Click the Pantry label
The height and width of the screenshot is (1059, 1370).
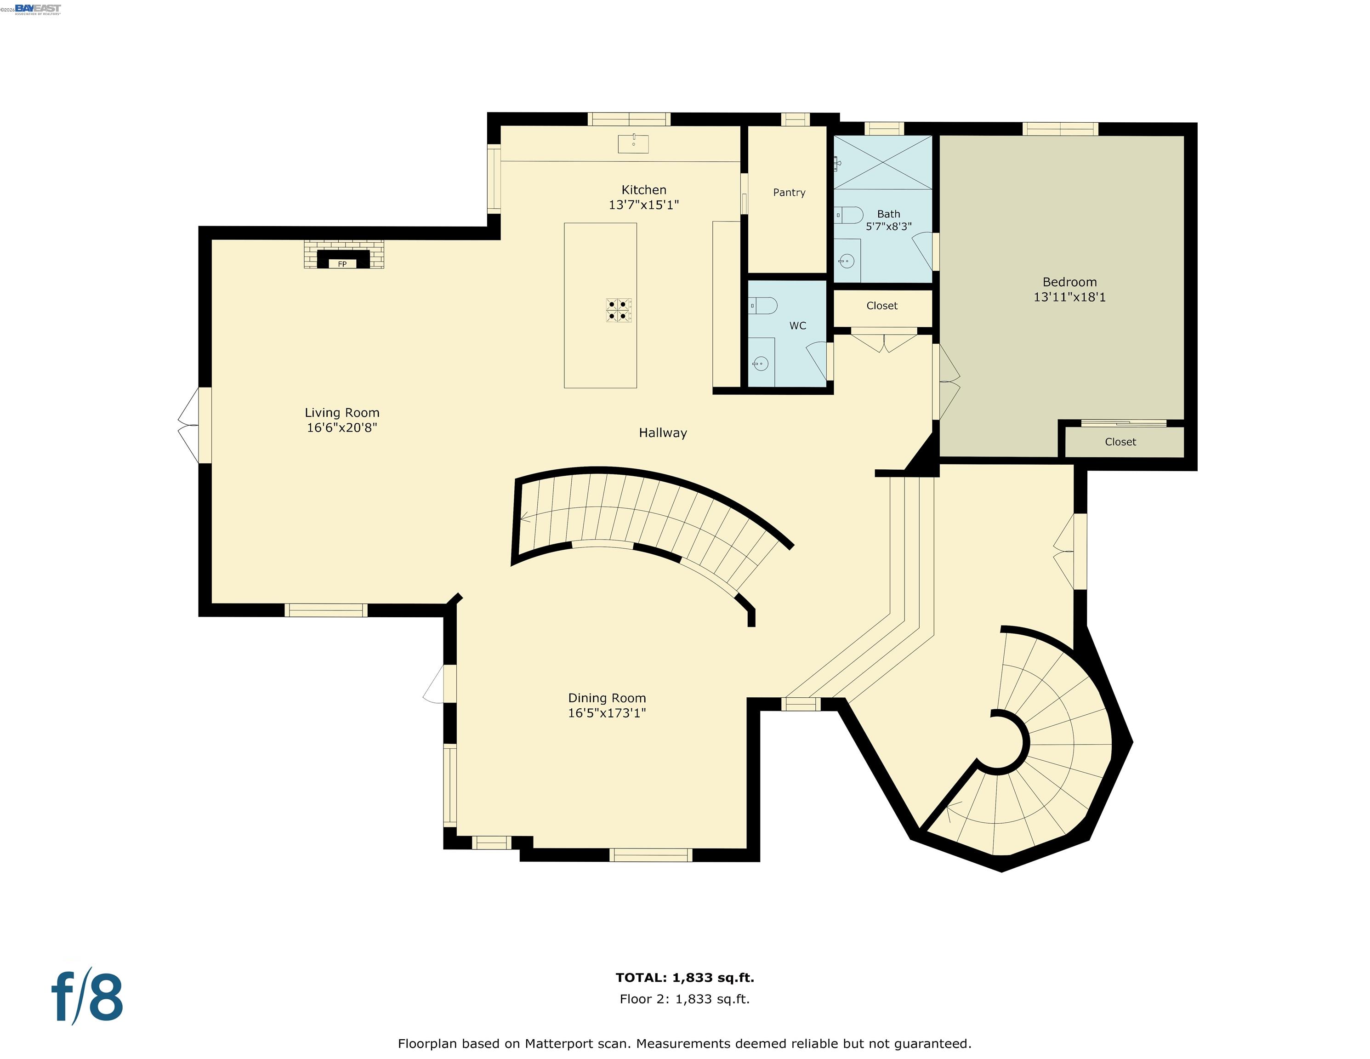[789, 193]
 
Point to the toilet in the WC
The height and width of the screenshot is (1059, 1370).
[763, 306]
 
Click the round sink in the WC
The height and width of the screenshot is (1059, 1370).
[760, 363]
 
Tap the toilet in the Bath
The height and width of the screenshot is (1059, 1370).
[850, 215]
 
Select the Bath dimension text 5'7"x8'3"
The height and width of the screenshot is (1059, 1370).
[888, 227]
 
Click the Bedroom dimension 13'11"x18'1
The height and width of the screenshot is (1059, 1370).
[1069, 297]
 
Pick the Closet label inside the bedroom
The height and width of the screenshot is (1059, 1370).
[1120, 442]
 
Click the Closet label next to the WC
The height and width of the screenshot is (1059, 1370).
[881, 306]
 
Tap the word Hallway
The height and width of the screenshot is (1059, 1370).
[662, 433]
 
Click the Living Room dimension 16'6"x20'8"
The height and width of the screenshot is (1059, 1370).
[342, 428]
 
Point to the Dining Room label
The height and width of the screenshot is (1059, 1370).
[607, 698]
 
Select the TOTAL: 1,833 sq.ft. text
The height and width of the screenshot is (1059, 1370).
[684, 978]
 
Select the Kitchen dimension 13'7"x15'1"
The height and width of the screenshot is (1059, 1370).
[643, 205]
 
